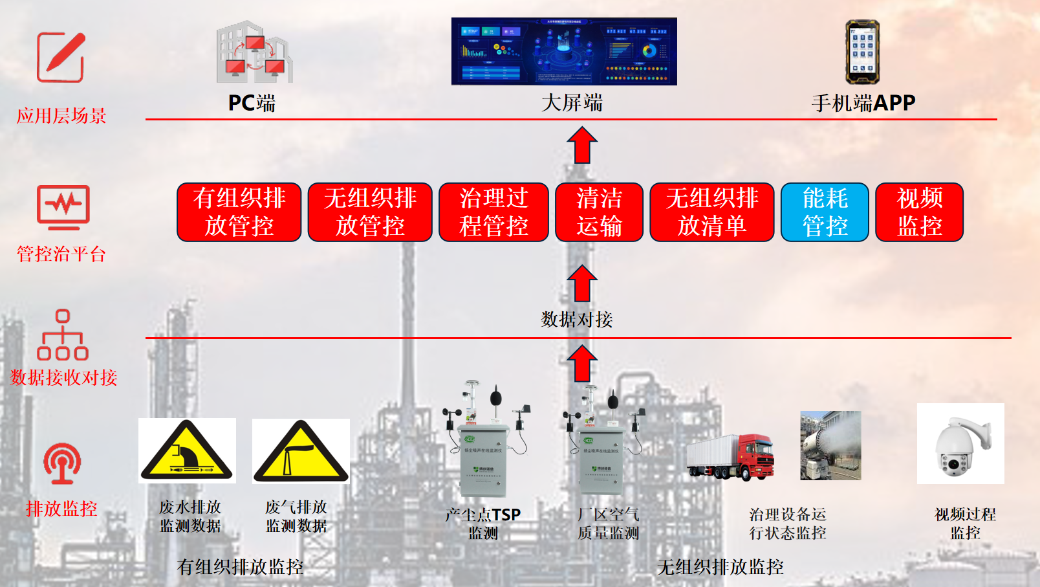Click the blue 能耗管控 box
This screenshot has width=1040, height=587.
tap(825, 212)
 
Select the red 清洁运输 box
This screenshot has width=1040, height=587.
tap(599, 212)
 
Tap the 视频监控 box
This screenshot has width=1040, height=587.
tap(919, 212)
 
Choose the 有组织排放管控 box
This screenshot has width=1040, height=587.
tap(239, 212)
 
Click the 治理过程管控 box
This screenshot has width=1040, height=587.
tap(493, 212)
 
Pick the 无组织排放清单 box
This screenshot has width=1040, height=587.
tap(711, 212)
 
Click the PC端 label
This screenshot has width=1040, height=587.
tap(252, 103)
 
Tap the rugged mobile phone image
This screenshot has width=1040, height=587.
tap(862, 52)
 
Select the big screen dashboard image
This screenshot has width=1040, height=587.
tap(564, 52)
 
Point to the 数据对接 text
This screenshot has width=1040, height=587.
tap(576, 319)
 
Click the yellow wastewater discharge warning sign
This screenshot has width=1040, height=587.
tap(187, 452)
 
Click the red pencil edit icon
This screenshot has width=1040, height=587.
tap(61, 58)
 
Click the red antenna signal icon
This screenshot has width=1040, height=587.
tap(62, 463)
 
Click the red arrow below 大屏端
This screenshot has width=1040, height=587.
tap(582, 145)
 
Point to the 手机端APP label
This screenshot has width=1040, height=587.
tap(863, 103)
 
